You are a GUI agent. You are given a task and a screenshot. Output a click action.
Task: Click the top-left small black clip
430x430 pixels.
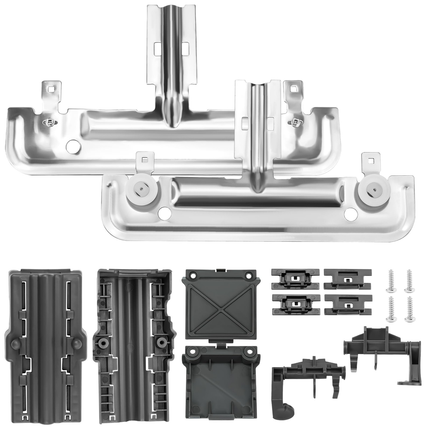pos(295,279)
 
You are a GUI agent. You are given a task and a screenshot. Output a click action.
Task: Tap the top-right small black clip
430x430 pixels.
pos(348,279)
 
